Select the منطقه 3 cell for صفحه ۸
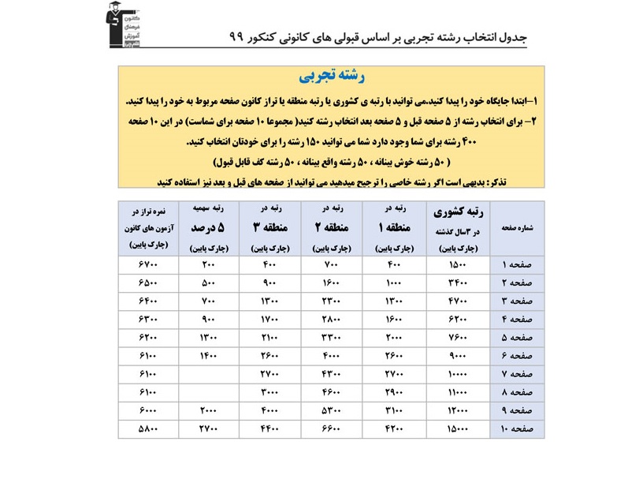coord(269,392)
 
